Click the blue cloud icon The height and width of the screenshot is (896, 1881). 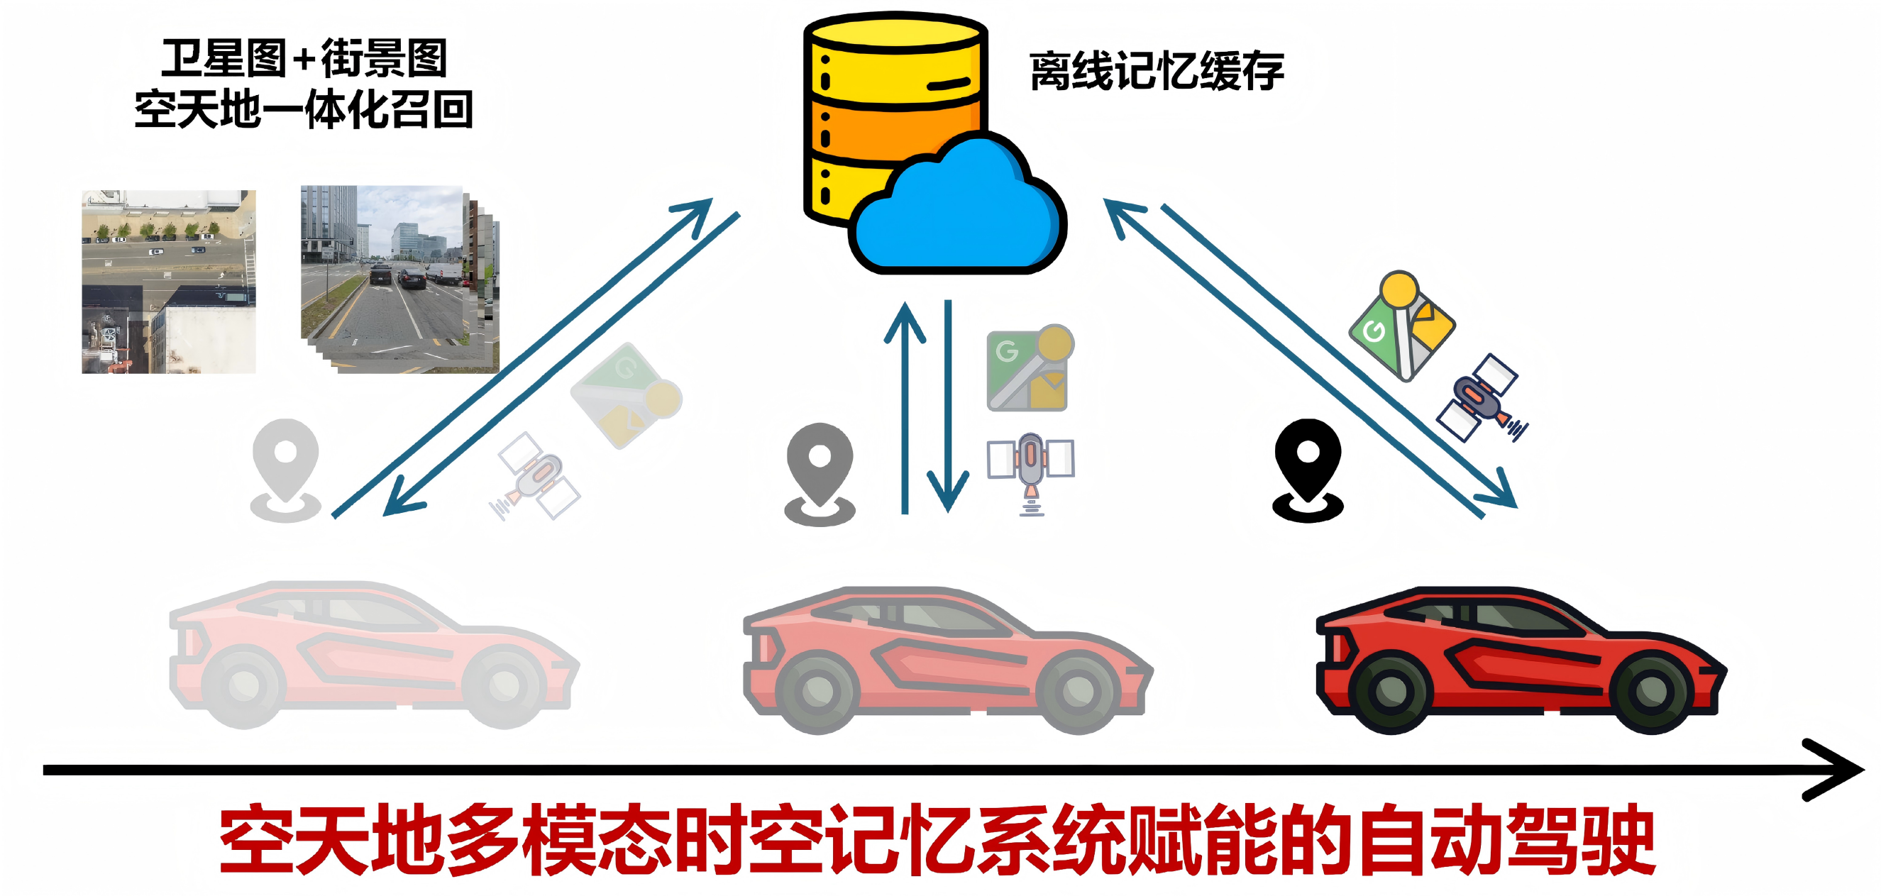click(956, 212)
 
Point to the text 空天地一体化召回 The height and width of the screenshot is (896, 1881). click(304, 109)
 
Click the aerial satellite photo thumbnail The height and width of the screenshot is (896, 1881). click(169, 282)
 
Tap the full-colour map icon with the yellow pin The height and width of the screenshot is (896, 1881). click(1401, 325)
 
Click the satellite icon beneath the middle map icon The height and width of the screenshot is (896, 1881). click(1030, 468)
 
